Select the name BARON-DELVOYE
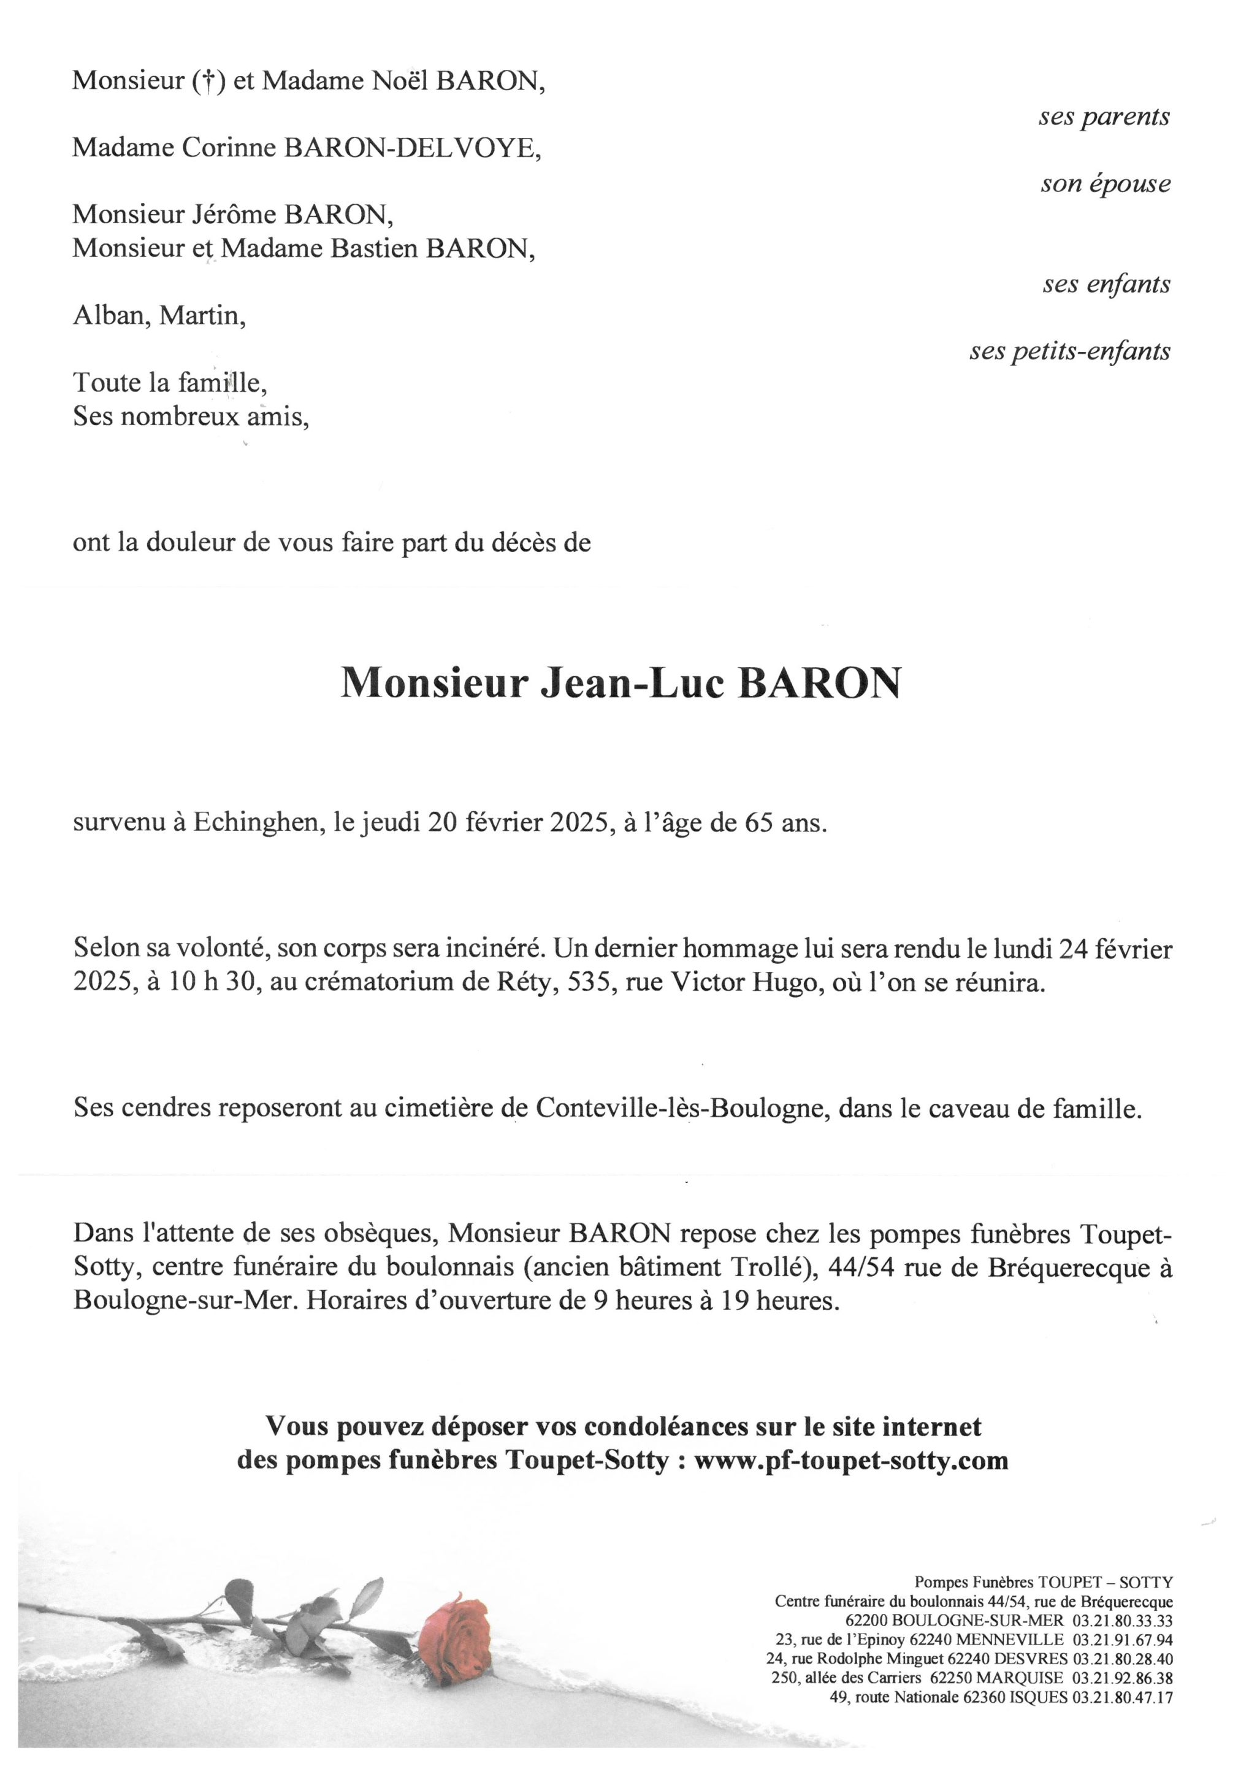pyautogui.click(x=413, y=148)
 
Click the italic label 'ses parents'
pyautogui.click(x=1104, y=117)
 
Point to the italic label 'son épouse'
pyautogui.click(x=1105, y=184)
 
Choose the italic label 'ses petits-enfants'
pyautogui.click(x=1069, y=351)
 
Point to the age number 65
pyautogui.click(x=759, y=823)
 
